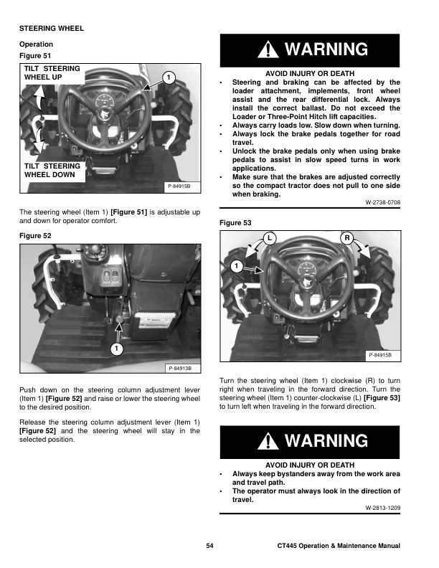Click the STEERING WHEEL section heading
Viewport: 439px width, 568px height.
point(51,28)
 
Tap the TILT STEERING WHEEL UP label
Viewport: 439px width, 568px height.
point(52,72)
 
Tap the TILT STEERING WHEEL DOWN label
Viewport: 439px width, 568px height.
point(52,170)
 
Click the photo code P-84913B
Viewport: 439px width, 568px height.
point(179,369)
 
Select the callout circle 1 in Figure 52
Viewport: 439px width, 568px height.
point(115,349)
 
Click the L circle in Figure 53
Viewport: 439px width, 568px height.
point(268,237)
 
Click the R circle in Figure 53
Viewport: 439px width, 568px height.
point(347,237)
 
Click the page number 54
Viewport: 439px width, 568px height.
point(210,547)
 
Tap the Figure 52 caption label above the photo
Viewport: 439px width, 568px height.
point(35,235)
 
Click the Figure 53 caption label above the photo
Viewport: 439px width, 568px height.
point(234,223)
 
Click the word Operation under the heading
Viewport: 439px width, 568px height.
point(36,44)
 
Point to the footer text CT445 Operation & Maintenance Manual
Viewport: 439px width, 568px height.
point(339,547)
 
